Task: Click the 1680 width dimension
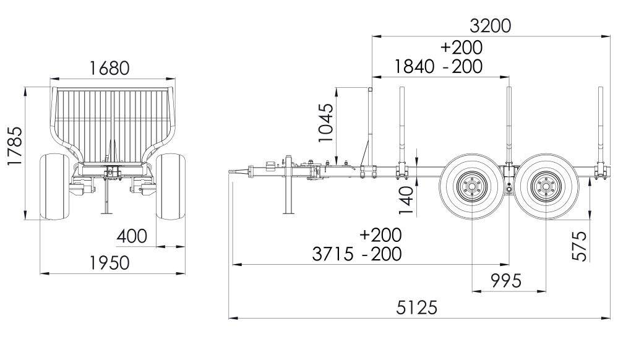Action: [109, 68]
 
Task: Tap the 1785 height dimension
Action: [15, 146]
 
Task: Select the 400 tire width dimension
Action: [132, 236]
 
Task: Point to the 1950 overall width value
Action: [109, 263]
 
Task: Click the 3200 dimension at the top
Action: [491, 26]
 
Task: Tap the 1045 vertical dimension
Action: [325, 123]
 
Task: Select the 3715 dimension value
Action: [332, 254]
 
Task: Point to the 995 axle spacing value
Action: [506, 281]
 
